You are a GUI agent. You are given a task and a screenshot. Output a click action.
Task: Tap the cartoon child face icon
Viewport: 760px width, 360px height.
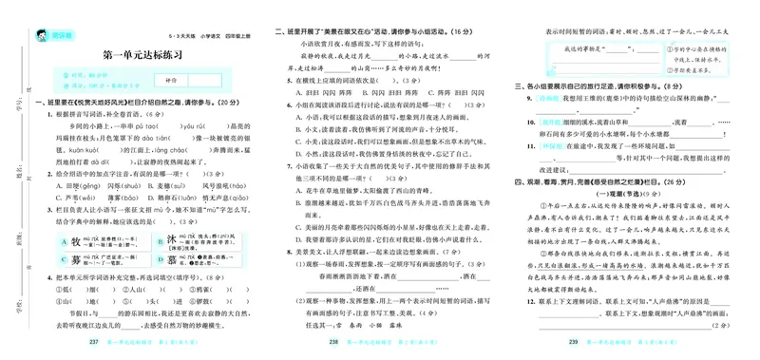pyautogui.click(x=42, y=36)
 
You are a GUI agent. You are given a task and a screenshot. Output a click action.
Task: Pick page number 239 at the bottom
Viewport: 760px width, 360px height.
pyautogui.click(x=572, y=341)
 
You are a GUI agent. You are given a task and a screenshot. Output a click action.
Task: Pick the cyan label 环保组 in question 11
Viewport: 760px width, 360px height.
pyautogui.click(x=548, y=149)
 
